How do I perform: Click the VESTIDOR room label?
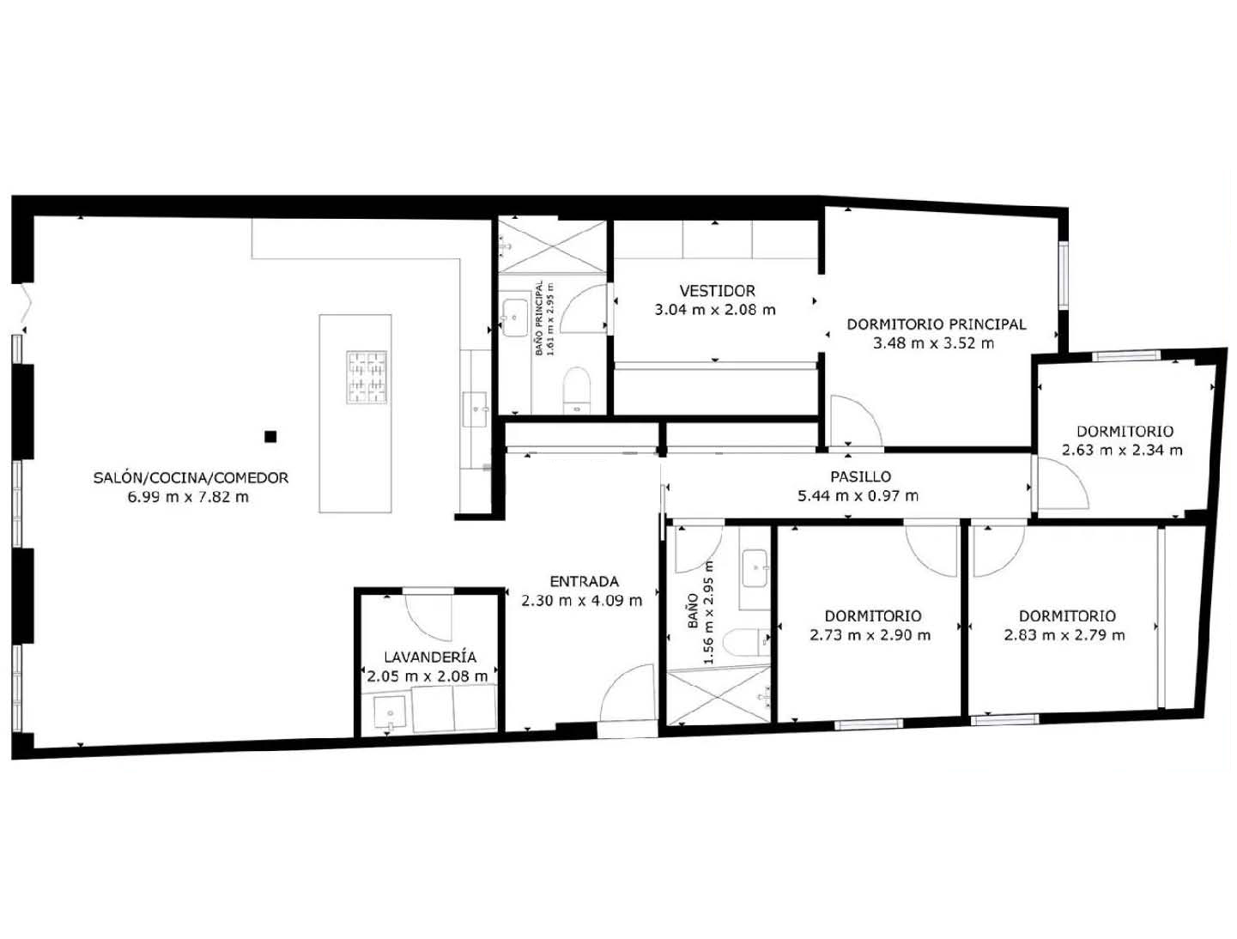(x=717, y=291)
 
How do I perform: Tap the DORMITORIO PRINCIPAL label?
(x=936, y=324)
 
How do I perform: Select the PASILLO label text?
(x=860, y=476)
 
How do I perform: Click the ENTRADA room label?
(x=584, y=581)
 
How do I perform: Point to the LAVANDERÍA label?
(x=430, y=657)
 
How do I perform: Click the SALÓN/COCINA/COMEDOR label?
(x=191, y=478)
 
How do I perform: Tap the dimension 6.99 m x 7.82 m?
(x=188, y=497)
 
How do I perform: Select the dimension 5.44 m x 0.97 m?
(x=858, y=496)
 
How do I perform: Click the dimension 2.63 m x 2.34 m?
(x=1122, y=450)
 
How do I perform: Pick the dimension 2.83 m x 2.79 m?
(x=1064, y=635)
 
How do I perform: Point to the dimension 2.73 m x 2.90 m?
(x=870, y=635)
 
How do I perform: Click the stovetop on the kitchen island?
(x=367, y=378)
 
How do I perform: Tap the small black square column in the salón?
(x=270, y=436)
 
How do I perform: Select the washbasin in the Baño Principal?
(x=514, y=318)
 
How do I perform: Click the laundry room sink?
(x=390, y=713)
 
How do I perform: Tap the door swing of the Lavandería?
(x=428, y=617)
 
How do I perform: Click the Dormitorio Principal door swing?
(x=856, y=421)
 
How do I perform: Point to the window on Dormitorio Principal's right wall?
(x=1063, y=276)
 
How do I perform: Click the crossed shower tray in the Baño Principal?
(x=552, y=246)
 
